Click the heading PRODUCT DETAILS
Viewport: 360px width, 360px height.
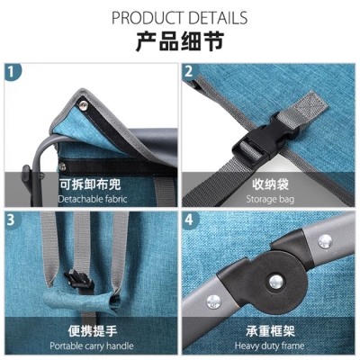[179, 18]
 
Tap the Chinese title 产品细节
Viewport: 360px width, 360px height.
[180, 41]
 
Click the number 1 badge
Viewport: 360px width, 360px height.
[12, 72]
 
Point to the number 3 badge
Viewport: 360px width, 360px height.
[12, 220]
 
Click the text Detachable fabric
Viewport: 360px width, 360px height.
[93, 199]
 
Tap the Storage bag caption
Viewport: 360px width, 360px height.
[270, 199]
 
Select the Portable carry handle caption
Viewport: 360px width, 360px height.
[92, 346]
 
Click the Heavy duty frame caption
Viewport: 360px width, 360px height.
[269, 346]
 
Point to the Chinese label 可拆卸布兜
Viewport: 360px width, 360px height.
[90, 184]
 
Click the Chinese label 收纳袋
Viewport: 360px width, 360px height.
[270, 184]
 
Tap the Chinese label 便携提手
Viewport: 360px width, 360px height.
[93, 331]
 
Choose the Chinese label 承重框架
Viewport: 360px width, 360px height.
[270, 331]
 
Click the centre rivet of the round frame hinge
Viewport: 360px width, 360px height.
[276, 282]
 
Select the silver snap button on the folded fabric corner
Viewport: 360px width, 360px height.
[84, 105]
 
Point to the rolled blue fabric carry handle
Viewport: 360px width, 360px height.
[81, 300]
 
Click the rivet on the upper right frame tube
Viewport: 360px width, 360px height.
[325, 241]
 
